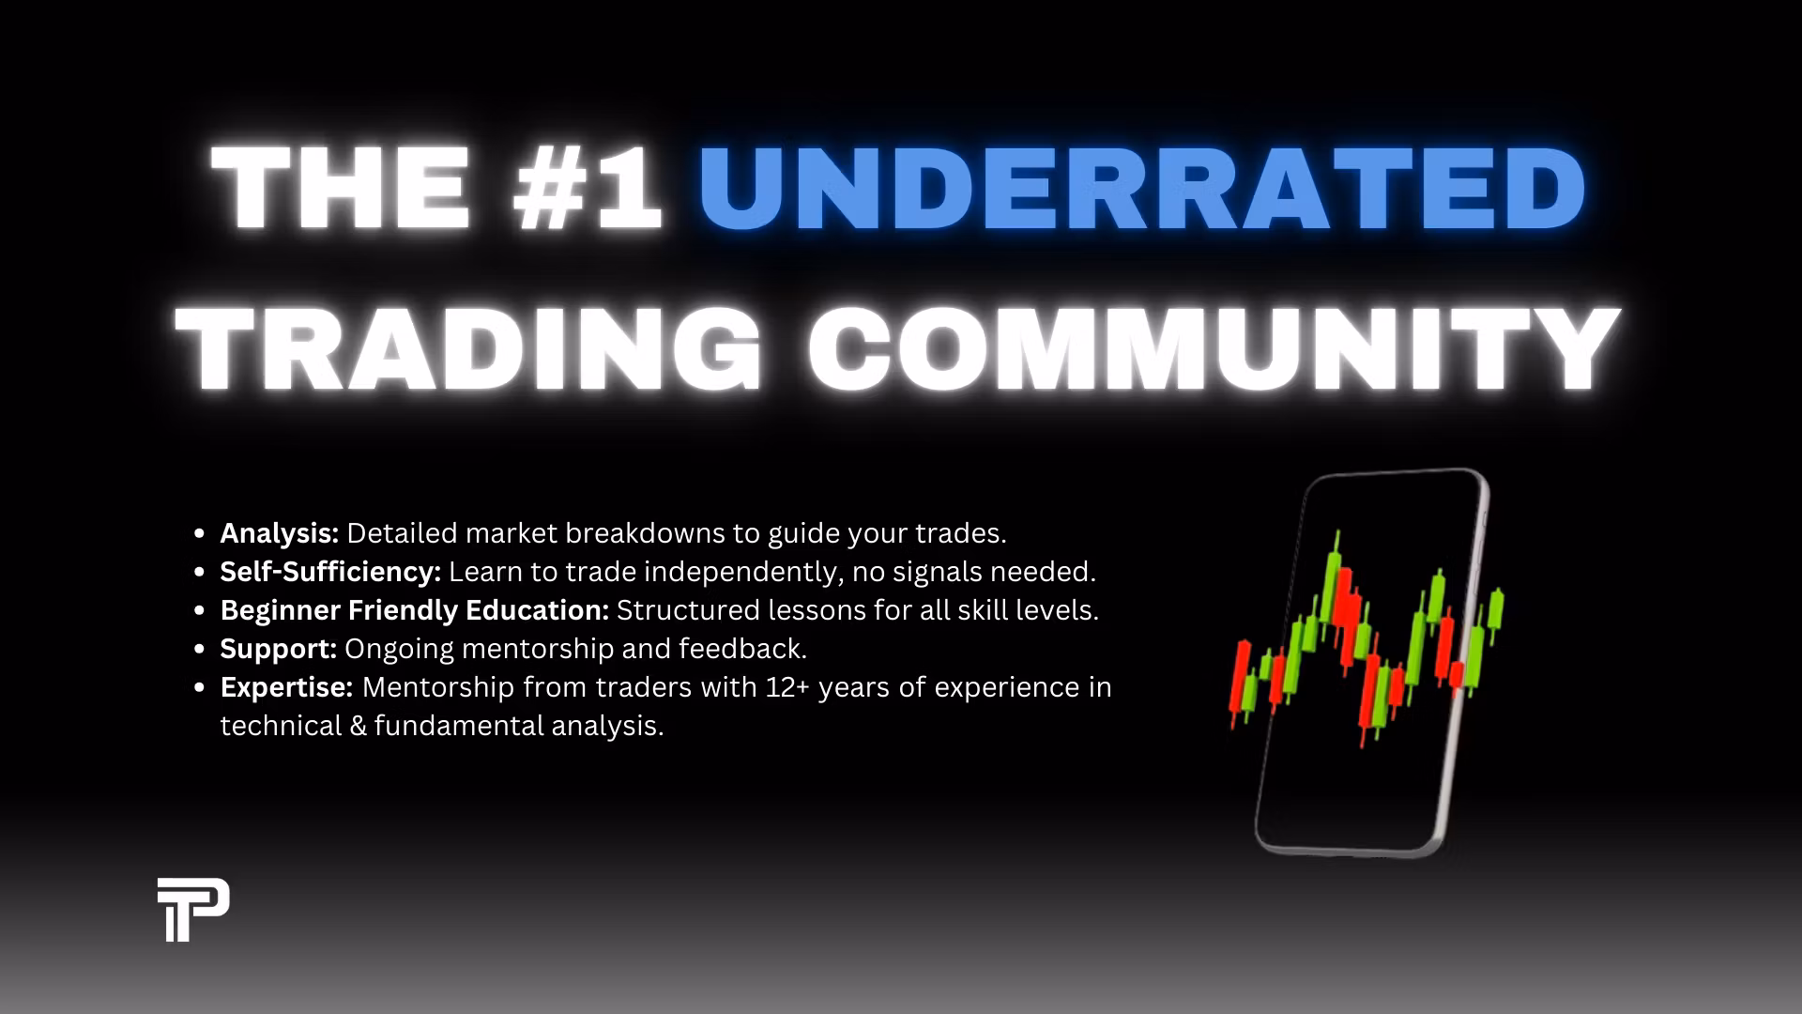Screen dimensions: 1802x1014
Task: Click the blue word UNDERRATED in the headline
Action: pyautogui.click(x=1141, y=188)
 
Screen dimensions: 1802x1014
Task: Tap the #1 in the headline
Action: pyautogui.click(x=588, y=188)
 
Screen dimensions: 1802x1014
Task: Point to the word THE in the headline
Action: pyautogui.click(x=341, y=188)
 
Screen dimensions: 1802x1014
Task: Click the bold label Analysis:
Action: pyautogui.click(x=279, y=533)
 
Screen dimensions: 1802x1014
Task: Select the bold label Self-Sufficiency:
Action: pyautogui.click(x=330, y=572)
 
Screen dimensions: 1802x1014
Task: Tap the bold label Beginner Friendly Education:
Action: pyautogui.click(x=415, y=610)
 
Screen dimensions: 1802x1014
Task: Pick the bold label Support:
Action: pyautogui.click(x=278, y=649)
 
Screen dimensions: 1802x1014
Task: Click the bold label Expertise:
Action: pyautogui.click(x=286, y=687)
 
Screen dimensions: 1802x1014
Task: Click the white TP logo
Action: pyautogui.click(x=193, y=909)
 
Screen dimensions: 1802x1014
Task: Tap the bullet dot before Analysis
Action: pyautogui.click(x=199, y=534)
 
